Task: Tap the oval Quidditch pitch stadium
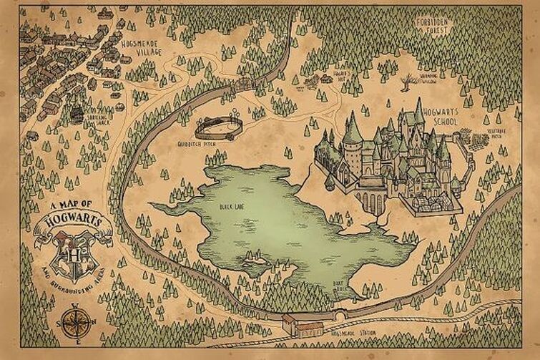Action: coord(218,127)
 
